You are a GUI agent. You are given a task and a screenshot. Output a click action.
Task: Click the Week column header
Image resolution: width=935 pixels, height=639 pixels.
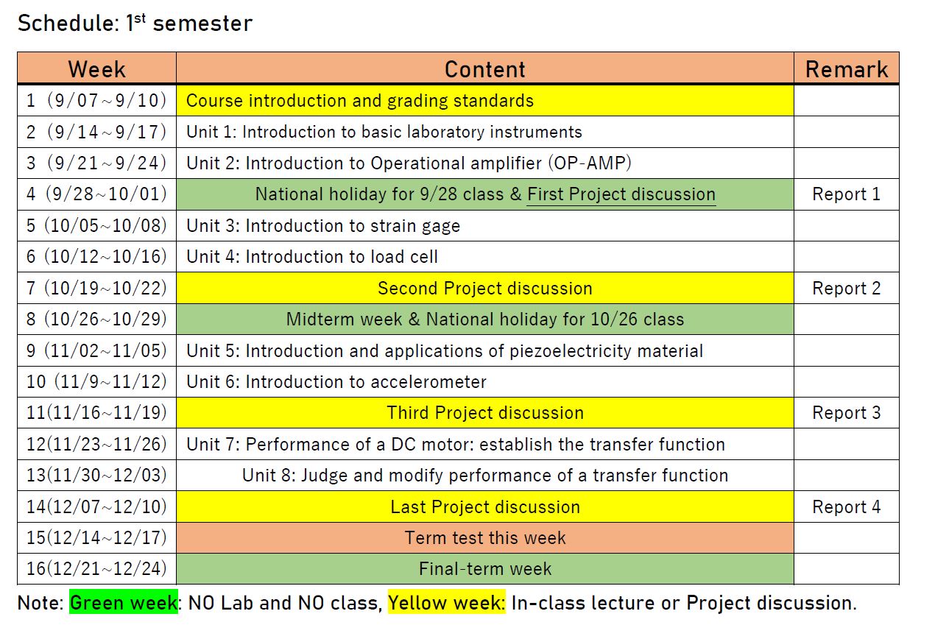coord(96,69)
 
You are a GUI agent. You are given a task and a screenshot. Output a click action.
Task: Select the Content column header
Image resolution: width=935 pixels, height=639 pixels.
coord(484,69)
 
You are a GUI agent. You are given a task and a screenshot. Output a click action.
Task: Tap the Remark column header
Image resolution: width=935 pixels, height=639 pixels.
coord(847,69)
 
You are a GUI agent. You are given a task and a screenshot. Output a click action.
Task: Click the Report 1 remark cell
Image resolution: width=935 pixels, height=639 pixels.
coord(846,194)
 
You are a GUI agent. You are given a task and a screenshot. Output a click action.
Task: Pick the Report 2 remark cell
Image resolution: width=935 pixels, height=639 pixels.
coord(846,288)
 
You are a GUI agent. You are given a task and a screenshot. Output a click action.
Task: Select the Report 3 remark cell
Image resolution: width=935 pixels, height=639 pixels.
coord(846,413)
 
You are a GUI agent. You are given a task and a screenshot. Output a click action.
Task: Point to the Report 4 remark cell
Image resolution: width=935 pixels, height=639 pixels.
coord(846,506)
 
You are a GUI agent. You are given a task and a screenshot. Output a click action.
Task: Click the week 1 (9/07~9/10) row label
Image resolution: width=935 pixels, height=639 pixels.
coord(96,101)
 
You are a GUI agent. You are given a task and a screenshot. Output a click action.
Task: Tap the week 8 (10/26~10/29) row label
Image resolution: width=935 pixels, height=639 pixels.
coord(96,319)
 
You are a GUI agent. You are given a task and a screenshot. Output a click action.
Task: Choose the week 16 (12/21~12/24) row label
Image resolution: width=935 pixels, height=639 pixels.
coord(96,568)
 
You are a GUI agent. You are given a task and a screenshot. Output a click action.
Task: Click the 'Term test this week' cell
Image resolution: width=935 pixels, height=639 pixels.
coord(485,537)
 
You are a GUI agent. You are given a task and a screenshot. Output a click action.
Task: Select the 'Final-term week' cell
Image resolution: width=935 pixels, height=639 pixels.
coord(485,568)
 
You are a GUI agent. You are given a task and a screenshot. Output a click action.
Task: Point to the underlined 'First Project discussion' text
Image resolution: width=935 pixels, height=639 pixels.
coord(621,194)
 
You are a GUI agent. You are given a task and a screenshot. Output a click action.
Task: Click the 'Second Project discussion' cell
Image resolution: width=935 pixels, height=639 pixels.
coord(485,288)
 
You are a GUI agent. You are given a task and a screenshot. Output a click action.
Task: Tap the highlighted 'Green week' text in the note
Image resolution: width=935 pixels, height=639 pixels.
coord(124,602)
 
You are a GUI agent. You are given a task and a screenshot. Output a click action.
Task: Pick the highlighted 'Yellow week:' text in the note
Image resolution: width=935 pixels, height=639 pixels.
coord(447,602)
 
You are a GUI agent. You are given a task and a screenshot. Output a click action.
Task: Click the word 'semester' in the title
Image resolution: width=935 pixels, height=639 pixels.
coord(202,24)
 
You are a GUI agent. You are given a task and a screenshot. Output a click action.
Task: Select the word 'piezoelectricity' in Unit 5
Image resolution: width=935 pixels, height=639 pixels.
coord(570,351)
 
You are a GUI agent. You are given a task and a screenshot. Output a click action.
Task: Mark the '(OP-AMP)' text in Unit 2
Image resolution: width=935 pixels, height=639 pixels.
coord(590,163)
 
